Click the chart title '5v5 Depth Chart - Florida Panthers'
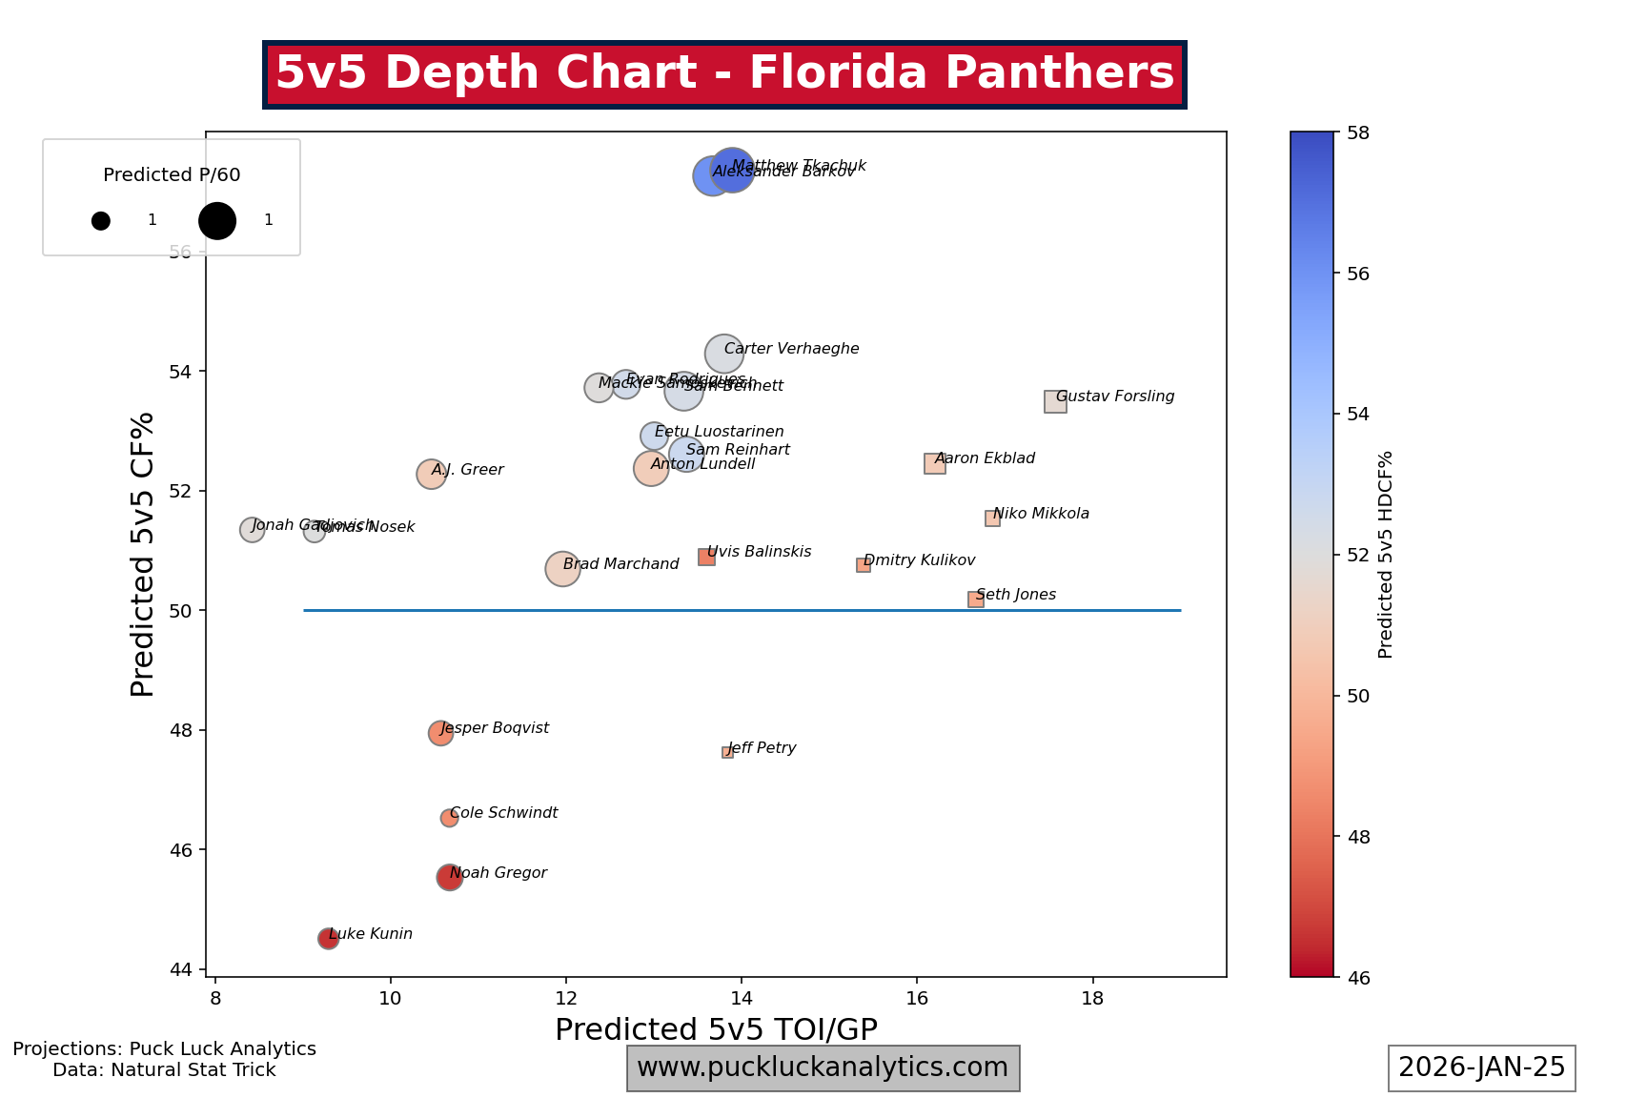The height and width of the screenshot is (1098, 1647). tap(724, 73)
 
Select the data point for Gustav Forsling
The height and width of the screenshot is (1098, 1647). tap(1055, 401)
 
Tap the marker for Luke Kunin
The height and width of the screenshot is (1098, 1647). tap(328, 939)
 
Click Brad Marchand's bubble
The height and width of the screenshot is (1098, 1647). tap(563, 569)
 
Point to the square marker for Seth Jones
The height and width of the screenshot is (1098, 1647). tap(976, 600)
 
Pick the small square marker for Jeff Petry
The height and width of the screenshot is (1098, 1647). tap(727, 752)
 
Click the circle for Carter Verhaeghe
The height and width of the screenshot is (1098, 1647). tap(724, 354)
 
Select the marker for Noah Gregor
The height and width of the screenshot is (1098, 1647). tap(450, 878)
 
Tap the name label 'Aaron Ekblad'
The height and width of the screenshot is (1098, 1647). tap(985, 458)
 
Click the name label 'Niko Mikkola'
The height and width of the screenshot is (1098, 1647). tap(1041, 514)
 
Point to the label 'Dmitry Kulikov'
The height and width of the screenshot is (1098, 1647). tap(919, 560)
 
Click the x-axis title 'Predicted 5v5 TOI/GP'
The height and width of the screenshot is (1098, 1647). tap(716, 1029)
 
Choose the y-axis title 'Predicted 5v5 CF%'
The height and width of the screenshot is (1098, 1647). tap(142, 554)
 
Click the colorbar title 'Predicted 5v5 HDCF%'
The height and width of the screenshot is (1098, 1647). tap(1386, 554)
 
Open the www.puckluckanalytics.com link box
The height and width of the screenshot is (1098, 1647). tap(823, 1067)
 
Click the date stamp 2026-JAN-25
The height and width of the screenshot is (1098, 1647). tap(1481, 1067)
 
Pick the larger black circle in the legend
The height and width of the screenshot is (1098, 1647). tap(217, 221)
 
